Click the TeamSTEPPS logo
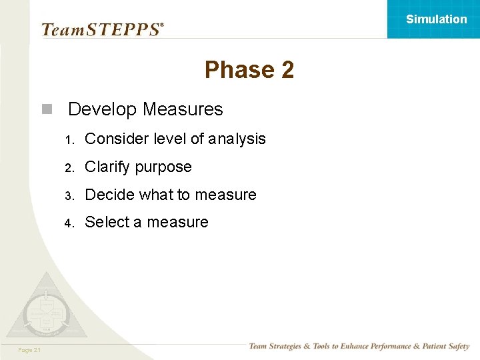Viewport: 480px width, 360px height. [x=102, y=29]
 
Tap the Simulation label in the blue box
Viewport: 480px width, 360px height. [x=437, y=19]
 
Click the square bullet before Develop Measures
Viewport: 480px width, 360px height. [x=46, y=109]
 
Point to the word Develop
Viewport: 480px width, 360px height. [x=103, y=109]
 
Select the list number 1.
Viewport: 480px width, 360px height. [x=68, y=140]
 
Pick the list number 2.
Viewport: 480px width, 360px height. [x=68, y=168]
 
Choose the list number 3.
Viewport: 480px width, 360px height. [x=68, y=196]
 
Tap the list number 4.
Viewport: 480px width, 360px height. [x=68, y=223]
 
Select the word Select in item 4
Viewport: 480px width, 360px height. [x=107, y=222]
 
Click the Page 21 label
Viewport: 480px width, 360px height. [x=29, y=350]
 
